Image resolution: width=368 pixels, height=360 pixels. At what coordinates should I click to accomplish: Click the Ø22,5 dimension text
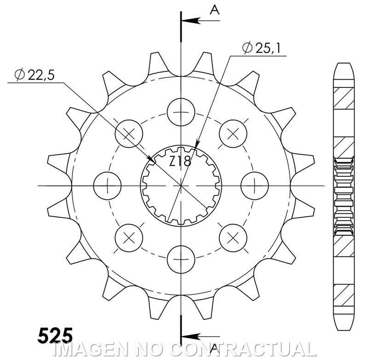[35, 75]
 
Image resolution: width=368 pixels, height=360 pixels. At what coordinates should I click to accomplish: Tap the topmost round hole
[181, 112]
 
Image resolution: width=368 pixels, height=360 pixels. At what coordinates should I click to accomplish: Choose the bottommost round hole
[181, 259]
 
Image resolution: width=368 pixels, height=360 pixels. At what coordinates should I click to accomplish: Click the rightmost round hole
[255, 186]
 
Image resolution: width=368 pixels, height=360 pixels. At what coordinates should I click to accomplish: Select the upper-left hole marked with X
[129, 134]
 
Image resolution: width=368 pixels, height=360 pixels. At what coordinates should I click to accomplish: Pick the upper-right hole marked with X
[233, 134]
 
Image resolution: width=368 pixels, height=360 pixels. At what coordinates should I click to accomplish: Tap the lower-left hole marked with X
[129, 238]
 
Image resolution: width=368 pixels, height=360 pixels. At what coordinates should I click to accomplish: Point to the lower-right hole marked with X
[233, 238]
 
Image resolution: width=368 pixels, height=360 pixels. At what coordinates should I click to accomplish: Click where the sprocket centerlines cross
[181, 186]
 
